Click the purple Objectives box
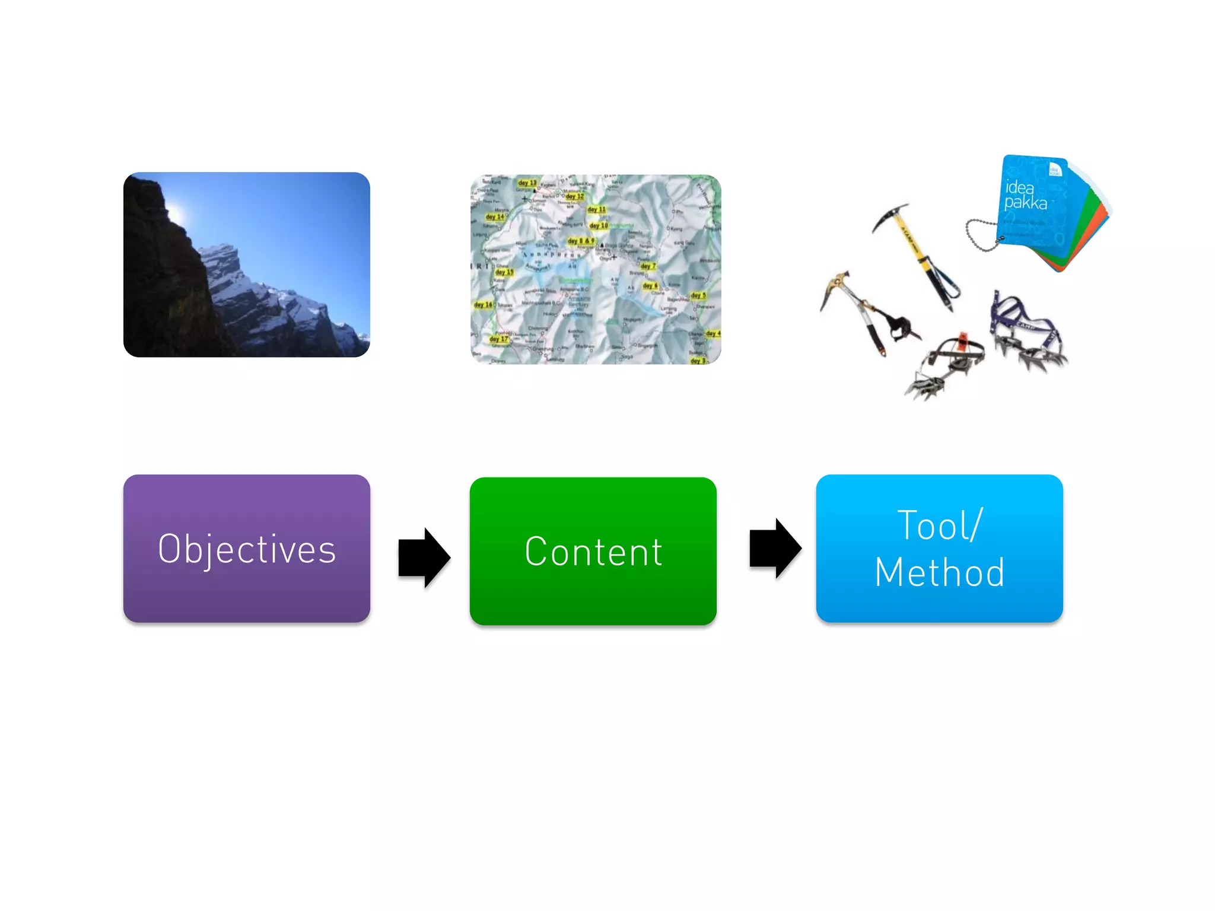[x=246, y=548]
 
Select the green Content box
[x=593, y=551]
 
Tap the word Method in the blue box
[x=940, y=573]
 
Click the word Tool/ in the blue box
[x=940, y=525]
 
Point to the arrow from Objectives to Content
[x=424, y=558]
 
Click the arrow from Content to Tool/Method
[x=775, y=548]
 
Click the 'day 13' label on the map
[x=527, y=183]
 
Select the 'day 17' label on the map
[x=498, y=339]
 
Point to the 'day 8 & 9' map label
[x=580, y=241]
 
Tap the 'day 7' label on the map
[x=648, y=266]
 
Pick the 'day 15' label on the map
[x=504, y=272]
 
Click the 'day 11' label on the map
[x=596, y=209]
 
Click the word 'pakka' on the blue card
[x=1025, y=203]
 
